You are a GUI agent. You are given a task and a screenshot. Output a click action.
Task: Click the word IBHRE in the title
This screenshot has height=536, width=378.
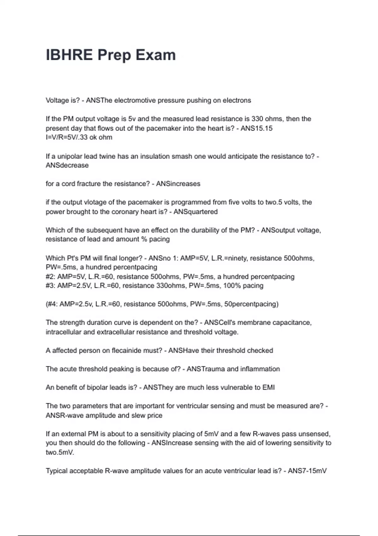click(x=69, y=55)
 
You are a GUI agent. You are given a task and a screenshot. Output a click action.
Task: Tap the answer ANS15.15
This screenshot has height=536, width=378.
click(x=256, y=128)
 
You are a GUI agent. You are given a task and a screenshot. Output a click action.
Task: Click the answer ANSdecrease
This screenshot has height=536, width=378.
click(x=67, y=166)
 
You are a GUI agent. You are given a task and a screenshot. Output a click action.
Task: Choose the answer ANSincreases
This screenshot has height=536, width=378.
click(x=178, y=184)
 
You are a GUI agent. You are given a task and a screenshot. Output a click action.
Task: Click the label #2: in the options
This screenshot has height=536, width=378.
click(x=50, y=277)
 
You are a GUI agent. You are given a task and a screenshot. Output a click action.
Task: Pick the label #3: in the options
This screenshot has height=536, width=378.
click(x=50, y=286)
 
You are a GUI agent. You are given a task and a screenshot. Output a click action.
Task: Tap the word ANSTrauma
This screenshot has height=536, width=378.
click(x=205, y=369)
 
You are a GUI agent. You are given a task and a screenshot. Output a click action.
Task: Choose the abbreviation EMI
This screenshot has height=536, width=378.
click(x=268, y=387)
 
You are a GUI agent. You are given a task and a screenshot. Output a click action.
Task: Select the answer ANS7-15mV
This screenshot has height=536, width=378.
click(x=307, y=471)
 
